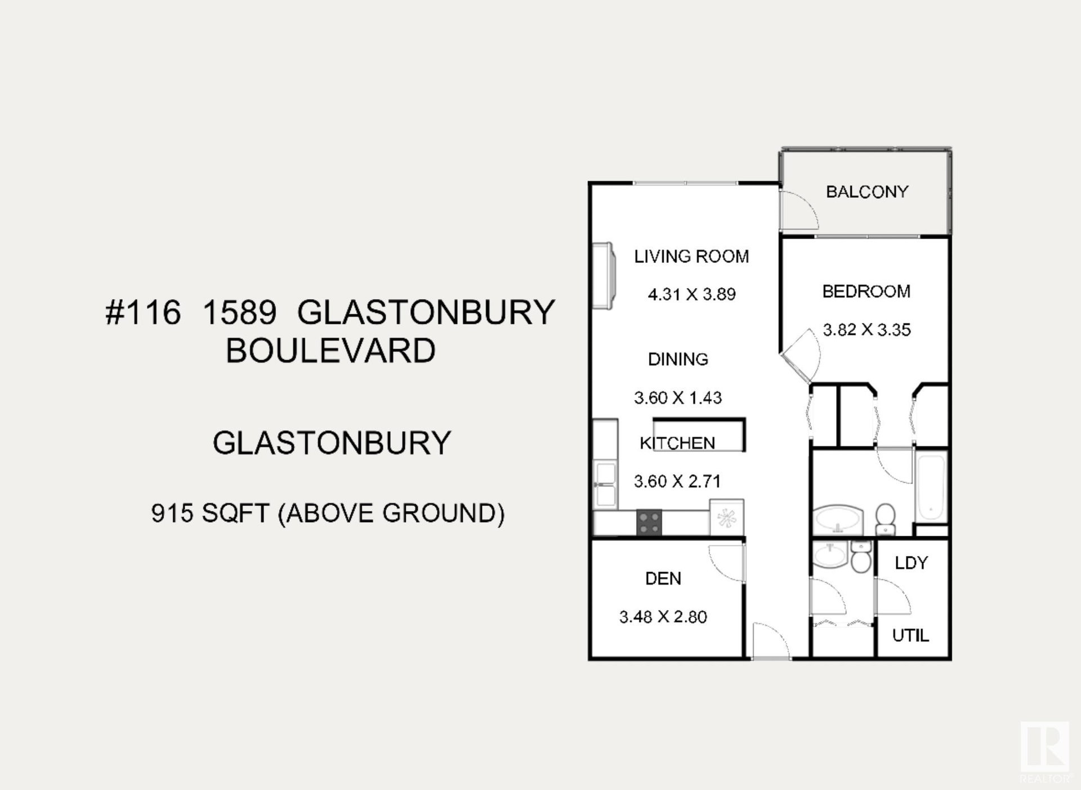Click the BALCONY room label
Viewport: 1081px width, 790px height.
coord(867,192)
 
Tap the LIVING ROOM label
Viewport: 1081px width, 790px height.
coord(691,257)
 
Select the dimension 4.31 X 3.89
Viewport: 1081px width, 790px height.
coord(691,294)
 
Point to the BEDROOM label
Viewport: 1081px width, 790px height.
coord(866,291)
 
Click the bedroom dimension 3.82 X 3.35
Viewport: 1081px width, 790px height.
coord(866,329)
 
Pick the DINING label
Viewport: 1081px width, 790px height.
coord(678,359)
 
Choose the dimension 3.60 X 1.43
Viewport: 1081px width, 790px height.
coord(678,398)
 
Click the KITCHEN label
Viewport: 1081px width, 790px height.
coord(677,443)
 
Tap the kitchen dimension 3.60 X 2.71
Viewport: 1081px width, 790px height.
coord(677,481)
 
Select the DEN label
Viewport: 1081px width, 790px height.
coord(663,578)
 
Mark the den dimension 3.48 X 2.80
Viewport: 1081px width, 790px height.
coord(663,617)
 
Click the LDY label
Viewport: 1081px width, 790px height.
coord(911,563)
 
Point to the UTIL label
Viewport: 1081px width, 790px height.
coord(910,635)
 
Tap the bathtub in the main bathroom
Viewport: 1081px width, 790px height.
coord(931,488)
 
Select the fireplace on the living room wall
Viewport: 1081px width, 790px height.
coord(602,276)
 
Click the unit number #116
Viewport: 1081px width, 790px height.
coord(144,312)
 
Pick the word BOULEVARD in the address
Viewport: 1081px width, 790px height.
coord(331,351)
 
